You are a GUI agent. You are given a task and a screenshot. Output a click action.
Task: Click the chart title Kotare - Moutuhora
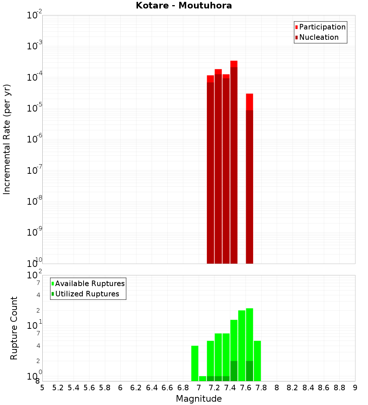coord(184,6)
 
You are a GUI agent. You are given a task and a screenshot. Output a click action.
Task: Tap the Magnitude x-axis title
coord(199,399)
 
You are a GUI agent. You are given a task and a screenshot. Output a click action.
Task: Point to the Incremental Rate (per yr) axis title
coord(7,139)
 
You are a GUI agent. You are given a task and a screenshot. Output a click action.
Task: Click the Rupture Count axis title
coord(14,328)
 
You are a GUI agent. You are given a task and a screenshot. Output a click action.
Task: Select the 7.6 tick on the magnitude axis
coord(245,387)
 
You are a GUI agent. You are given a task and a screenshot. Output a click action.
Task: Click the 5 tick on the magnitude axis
coord(42,387)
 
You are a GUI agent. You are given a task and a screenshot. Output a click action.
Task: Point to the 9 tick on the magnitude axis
coord(355,387)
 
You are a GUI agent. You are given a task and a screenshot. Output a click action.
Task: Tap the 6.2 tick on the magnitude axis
coord(136,387)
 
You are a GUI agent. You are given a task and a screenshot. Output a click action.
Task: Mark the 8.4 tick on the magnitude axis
coord(308,387)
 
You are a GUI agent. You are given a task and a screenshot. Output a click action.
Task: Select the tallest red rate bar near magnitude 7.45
coord(234,162)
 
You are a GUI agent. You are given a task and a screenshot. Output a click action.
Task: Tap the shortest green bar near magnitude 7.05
coord(202,378)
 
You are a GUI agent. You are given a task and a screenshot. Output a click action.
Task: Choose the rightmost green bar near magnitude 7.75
coord(257,361)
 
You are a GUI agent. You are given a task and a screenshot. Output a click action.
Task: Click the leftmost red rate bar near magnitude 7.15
coord(210,169)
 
